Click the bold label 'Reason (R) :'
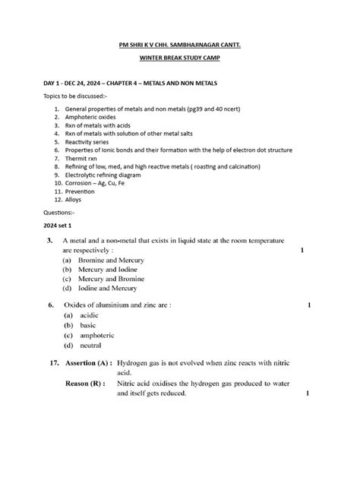click(85, 384)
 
